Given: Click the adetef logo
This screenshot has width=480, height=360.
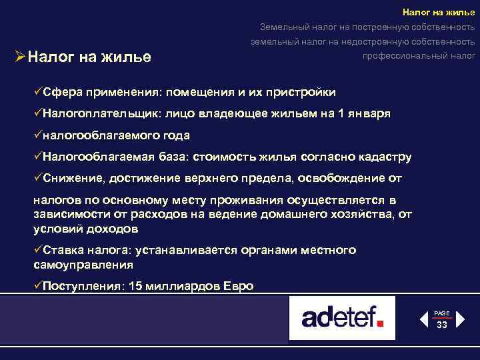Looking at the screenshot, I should click(x=342, y=317).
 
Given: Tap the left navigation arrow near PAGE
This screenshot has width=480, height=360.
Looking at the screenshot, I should click(x=423, y=320).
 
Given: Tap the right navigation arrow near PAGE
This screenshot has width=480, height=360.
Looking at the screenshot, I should click(x=460, y=320).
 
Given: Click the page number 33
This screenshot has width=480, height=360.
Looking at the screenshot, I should click(x=441, y=325).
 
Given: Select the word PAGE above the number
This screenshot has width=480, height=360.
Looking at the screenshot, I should click(x=441, y=313).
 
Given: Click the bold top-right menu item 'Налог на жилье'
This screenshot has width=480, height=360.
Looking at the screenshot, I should click(x=439, y=12).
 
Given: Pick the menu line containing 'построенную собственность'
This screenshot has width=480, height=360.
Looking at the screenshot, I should click(x=367, y=27).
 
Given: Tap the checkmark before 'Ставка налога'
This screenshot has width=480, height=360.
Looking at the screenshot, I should click(x=37, y=250).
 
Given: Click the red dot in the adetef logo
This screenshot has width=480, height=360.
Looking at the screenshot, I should click(x=381, y=324).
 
